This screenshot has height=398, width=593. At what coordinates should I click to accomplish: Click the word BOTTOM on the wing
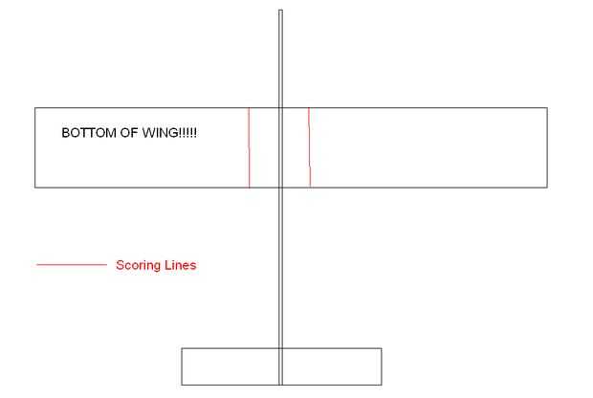[85, 133]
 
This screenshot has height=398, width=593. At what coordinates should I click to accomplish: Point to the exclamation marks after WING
[187, 133]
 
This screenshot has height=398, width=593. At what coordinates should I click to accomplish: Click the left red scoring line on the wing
[249, 147]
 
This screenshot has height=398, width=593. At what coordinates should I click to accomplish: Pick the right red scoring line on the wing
[309, 147]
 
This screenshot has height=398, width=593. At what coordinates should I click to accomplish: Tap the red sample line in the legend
[71, 265]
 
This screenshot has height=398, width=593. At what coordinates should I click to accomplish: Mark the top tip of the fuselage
[280, 11]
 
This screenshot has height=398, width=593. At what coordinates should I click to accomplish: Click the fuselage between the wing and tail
[280, 268]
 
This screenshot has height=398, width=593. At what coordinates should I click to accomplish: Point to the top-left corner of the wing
[35, 108]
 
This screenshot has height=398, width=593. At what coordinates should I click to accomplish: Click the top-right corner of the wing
[547, 108]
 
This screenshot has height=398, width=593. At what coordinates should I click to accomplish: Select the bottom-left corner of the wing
[35, 187]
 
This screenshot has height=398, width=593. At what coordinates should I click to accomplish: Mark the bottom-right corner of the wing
[547, 187]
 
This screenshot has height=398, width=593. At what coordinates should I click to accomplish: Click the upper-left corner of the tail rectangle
[182, 348]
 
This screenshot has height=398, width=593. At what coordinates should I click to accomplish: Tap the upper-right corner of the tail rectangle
[381, 348]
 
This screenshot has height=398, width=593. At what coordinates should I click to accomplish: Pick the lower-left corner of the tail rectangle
[182, 385]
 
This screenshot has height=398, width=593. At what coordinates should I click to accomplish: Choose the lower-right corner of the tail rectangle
[381, 385]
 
